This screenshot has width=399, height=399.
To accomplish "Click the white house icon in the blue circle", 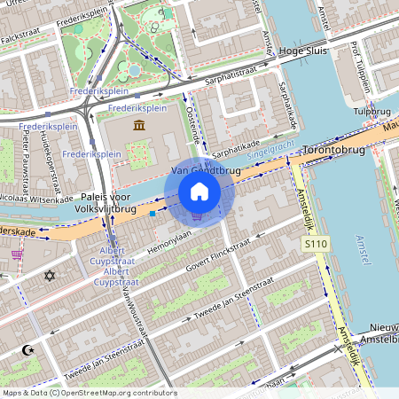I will [x=199, y=192].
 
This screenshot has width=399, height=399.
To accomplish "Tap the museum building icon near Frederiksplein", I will [x=139, y=125].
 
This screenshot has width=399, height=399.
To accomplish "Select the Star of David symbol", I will [x=50, y=276].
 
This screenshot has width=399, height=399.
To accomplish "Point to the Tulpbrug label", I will [x=372, y=112].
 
